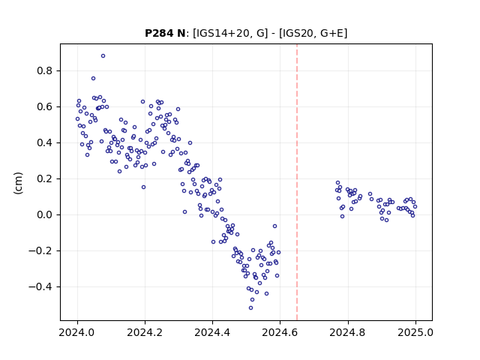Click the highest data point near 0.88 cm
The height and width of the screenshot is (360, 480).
(103, 56)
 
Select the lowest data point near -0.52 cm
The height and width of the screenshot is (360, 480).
(251, 308)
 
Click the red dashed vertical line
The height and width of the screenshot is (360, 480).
(297, 182)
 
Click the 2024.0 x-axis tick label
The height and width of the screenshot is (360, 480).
(77, 332)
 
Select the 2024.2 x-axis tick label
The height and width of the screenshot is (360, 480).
(145, 332)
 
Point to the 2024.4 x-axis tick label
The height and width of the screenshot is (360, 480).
(212, 332)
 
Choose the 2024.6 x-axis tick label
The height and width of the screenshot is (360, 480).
(280, 332)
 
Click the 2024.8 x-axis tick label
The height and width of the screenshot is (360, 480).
(348, 332)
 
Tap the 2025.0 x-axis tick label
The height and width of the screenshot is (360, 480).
(415, 332)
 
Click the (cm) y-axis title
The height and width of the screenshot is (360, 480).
(18, 183)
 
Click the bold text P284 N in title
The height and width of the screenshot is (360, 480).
(165, 33)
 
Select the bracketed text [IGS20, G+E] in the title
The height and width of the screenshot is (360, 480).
(313, 33)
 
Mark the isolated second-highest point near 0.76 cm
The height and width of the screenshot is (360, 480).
(93, 79)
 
